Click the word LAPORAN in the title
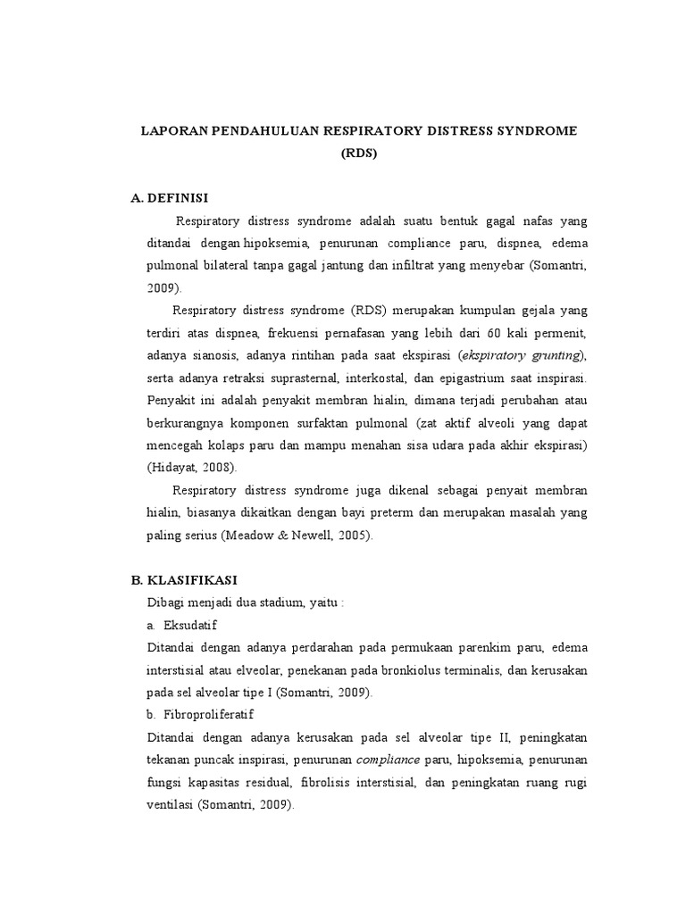172,131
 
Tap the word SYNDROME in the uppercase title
532,131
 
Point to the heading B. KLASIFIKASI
183,579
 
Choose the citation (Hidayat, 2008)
181,467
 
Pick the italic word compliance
389,760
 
